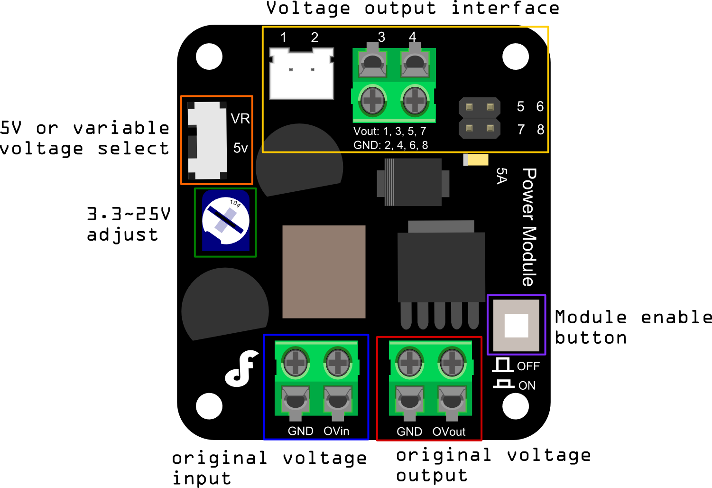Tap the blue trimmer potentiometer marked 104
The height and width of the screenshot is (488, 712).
(x=226, y=221)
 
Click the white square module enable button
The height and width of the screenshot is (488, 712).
(x=516, y=325)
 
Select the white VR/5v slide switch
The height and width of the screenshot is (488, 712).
(x=207, y=141)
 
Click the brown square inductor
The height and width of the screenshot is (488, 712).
(x=324, y=272)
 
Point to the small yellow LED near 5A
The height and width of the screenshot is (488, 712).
(x=476, y=160)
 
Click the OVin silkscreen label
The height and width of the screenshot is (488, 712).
(x=336, y=431)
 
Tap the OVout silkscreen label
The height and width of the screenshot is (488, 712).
(x=449, y=432)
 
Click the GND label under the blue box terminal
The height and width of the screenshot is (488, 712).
(x=300, y=431)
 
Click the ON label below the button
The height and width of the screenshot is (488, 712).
(x=527, y=385)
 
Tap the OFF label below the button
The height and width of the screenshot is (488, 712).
(x=528, y=366)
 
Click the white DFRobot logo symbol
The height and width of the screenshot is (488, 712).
(x=241, y=368)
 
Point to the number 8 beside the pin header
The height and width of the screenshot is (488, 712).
(x=540, y=129)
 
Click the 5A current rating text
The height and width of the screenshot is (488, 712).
(x=501, y=176)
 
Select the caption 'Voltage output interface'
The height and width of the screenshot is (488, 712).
(x=413, y=9)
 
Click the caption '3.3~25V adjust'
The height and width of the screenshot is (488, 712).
(x=128, y=224)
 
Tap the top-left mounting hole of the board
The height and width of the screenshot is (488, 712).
(x=209, y=56)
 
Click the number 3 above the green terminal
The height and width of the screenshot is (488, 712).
(x=381, y=37)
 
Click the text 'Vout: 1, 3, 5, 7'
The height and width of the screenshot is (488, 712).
(x=389, y=131)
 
